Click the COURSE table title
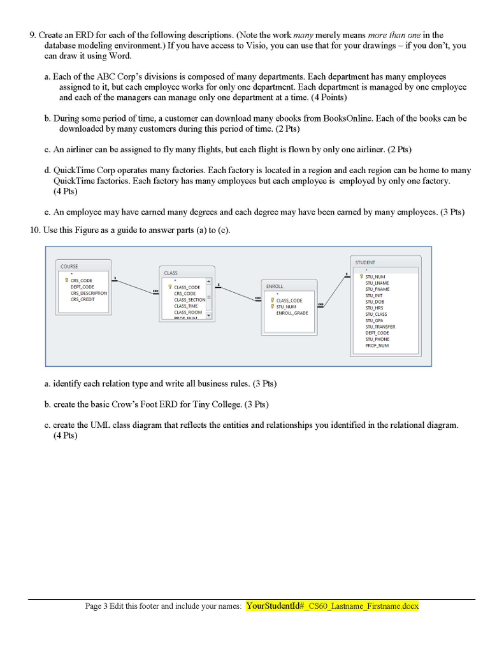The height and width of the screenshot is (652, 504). [69, 266]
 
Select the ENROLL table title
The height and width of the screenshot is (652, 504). [275, 287]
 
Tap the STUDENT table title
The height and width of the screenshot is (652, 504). [365, 262]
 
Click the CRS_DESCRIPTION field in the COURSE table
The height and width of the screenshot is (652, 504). [89, 293]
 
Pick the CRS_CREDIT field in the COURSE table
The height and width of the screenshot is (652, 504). [83, 299]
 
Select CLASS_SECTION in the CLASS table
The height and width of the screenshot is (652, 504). [190, 299]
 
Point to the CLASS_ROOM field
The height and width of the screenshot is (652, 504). [188, 313]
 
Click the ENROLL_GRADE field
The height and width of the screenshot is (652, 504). [292, 313]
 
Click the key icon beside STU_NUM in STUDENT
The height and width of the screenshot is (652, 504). [361, 276]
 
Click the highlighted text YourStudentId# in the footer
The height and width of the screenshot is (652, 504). [277, 606]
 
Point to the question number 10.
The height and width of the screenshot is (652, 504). [34, 230]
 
